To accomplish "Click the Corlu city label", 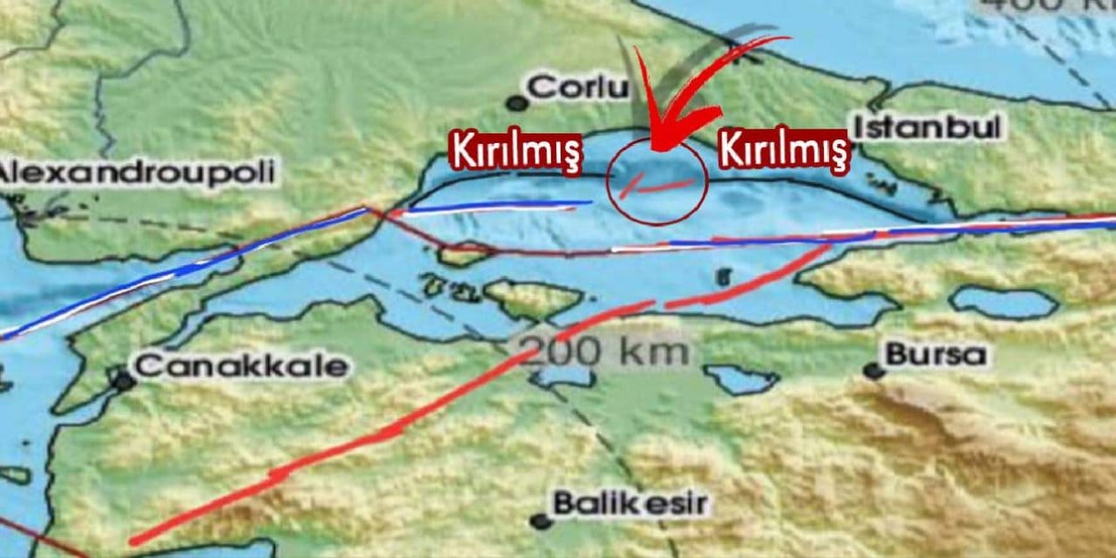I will tap(578, 87).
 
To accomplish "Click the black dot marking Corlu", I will tap(518, 104).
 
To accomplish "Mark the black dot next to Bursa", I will tap(873, 371).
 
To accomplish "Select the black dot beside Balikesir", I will tap(541, 521).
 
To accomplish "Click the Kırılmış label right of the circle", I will tap(783, 150).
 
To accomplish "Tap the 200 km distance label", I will tap(603, 351).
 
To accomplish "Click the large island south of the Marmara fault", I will tap(532, 297).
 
